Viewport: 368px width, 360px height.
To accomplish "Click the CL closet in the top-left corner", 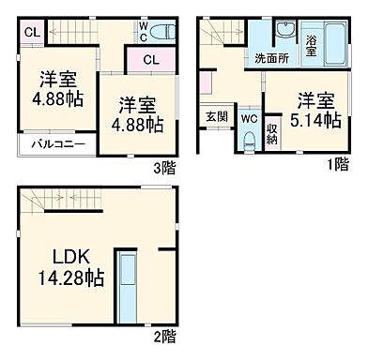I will click(x=30, y=32).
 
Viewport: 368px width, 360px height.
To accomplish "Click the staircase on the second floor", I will click(x=56, y=199).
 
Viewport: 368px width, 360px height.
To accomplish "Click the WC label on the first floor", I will click(x=248, y=119).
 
